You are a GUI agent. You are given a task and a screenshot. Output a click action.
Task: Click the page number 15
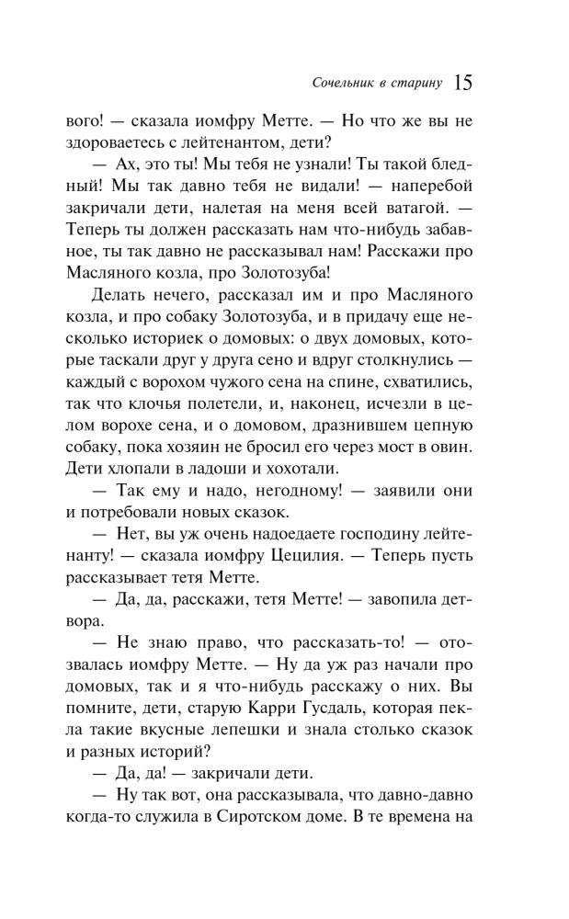coord(462,84)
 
